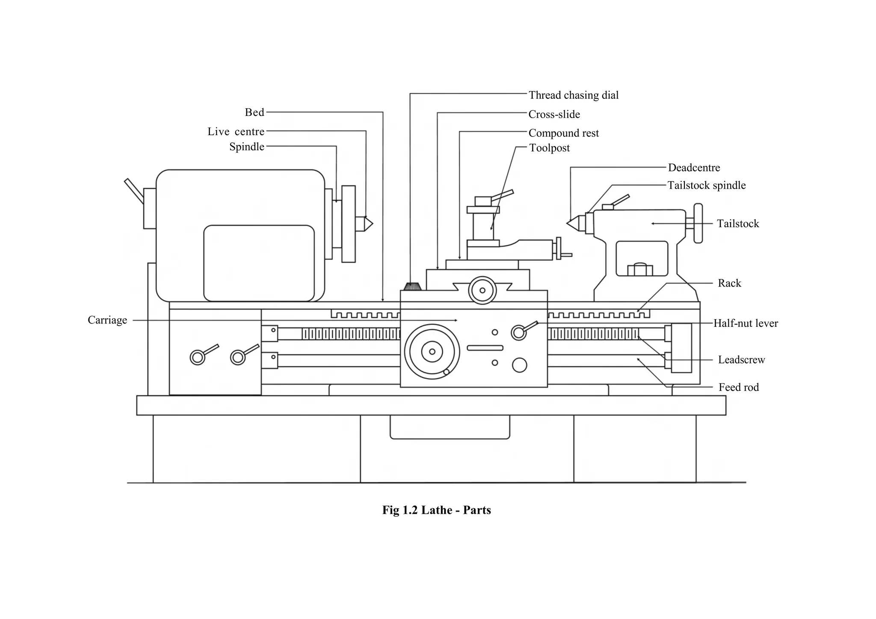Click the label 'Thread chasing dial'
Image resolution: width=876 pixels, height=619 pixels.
pos(573,95)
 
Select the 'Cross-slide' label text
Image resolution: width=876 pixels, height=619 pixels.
pos(554,114)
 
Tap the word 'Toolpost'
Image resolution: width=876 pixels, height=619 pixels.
pos(549,148)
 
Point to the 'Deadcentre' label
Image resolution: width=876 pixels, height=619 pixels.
pos(694,168)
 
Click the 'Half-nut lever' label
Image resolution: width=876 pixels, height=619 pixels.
pos(746,323)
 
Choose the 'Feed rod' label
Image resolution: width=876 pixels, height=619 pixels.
pos(738,387)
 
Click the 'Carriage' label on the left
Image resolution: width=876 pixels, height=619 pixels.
pos(107,320)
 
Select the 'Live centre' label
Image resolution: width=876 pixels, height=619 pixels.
pos(236,131)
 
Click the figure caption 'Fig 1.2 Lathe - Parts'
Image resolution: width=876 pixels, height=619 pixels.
pos(436,510)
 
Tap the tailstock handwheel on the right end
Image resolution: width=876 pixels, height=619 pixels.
pos(698,223)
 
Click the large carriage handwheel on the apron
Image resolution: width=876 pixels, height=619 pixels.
pos(432,352)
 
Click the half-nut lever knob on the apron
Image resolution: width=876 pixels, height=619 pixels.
pos(519,332)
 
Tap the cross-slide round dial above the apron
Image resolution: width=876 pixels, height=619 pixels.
pos(482,290)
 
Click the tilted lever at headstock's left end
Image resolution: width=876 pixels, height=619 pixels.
pos(134,191)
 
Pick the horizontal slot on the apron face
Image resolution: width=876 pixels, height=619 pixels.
pos(485,348)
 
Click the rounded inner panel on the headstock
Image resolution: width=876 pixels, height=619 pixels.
pos(259,263)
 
